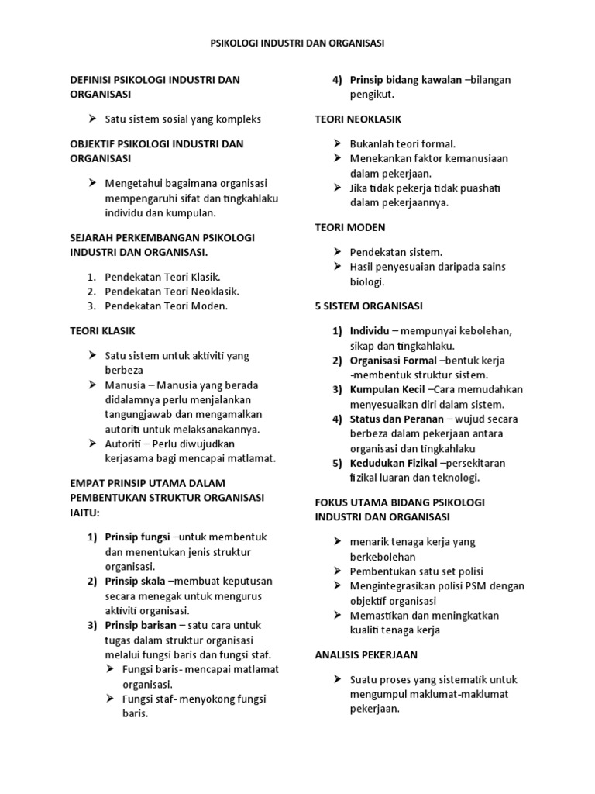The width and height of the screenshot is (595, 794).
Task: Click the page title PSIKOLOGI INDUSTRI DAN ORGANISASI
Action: point(297,43)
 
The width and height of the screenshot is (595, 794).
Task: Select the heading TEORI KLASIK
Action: point(102,330)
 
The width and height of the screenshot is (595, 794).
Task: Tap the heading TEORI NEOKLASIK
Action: point(357,119)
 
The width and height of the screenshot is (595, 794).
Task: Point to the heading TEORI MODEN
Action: point(350,227)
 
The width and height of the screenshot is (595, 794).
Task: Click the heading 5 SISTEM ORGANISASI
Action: point(369,306)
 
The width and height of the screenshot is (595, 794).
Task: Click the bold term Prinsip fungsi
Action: point(138,537)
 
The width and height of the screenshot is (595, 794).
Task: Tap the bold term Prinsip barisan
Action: point(140,625)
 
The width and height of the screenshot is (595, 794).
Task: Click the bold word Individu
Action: point(370,331)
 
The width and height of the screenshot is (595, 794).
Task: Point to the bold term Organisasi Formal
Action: point(393,361)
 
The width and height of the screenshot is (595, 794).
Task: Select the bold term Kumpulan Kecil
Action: point(388,389)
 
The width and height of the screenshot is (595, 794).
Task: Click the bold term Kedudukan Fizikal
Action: point(394,463)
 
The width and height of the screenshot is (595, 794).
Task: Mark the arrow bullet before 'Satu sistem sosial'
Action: point(92,119)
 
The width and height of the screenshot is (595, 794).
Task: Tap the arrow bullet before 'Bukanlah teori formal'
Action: point(338,143)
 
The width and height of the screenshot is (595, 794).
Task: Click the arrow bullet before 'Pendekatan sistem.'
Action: point(338,252)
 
